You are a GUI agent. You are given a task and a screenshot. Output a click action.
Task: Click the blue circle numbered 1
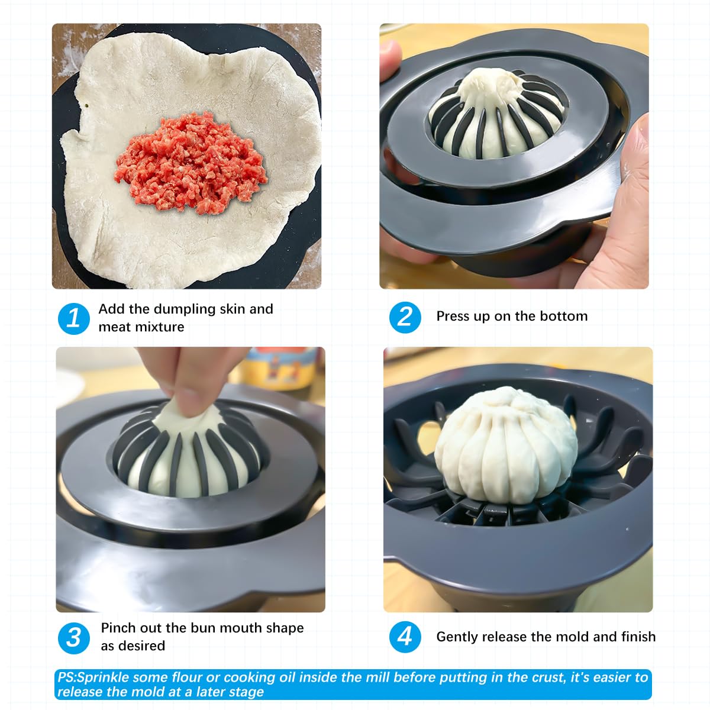coord(74,318)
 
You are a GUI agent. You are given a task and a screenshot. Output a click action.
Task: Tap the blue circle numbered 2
coord(405,317)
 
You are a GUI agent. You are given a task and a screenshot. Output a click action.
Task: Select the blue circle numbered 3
coord(74,638)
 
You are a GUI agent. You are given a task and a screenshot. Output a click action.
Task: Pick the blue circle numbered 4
coord(405,637)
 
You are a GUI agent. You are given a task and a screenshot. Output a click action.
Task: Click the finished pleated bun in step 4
coord(505,445)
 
